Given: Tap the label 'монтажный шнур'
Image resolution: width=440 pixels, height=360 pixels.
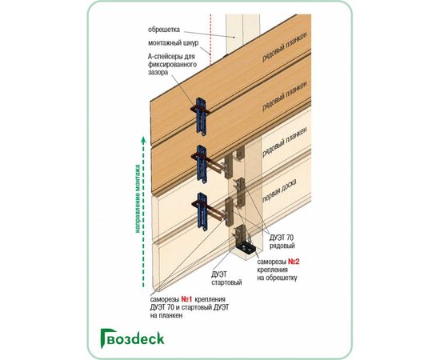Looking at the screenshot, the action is click(x=173, y=43).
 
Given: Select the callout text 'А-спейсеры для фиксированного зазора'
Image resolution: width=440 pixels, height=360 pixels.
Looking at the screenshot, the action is click(x=172, y=64).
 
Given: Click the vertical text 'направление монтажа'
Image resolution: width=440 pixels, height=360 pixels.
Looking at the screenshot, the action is click(x=138, y=198).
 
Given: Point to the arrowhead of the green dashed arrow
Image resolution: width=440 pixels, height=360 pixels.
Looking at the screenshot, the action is click(x=143, y=139).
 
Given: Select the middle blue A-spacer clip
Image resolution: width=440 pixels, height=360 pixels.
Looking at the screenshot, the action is click(x=200, y=163).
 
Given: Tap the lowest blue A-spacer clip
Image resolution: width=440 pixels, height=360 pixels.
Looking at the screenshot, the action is click(x=201, y=211).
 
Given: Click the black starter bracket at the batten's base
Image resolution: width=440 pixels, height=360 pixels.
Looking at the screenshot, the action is click(x=246, y=248).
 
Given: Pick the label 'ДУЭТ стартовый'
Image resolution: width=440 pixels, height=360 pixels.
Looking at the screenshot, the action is click(x=226, y=278).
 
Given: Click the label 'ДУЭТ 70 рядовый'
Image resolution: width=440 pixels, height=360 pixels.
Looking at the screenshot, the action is click(x=282, y=242).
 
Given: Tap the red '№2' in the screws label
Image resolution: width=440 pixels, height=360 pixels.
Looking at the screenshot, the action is click(x=294, y=262).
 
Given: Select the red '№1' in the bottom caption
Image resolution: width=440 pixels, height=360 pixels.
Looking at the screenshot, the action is click(x=186, y=299).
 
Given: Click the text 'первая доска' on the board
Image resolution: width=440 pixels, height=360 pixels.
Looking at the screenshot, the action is click(x=280, y=190).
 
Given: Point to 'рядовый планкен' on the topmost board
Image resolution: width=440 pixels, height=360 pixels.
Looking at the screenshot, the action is click(x=284, y=46).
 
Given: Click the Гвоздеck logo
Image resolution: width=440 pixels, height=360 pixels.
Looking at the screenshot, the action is click(x=132, y=338).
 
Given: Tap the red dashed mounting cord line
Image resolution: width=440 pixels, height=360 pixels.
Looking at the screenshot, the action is click(x=210, y=39).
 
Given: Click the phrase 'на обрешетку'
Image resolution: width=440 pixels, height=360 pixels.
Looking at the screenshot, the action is click(x=278, y=278).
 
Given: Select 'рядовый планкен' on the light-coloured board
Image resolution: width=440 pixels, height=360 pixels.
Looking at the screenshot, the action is click(x=284, y=142).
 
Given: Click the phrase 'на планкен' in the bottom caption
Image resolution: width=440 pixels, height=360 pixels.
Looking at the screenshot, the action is click(x=166, y=315).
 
